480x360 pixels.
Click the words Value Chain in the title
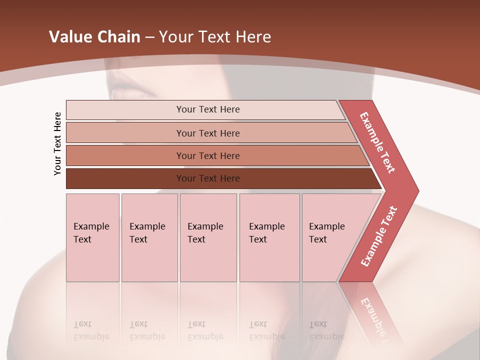94,37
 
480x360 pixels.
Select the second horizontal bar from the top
208,133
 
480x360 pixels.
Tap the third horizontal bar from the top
208,155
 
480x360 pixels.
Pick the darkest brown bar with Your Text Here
208,178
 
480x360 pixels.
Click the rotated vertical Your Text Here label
58,143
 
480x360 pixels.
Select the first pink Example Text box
92,237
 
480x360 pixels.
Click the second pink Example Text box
149,237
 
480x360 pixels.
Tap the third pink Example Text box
208,237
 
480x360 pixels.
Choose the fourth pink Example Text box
269,237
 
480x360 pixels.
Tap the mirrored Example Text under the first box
91,330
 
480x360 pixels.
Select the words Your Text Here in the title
215,37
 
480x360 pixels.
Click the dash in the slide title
149,37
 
